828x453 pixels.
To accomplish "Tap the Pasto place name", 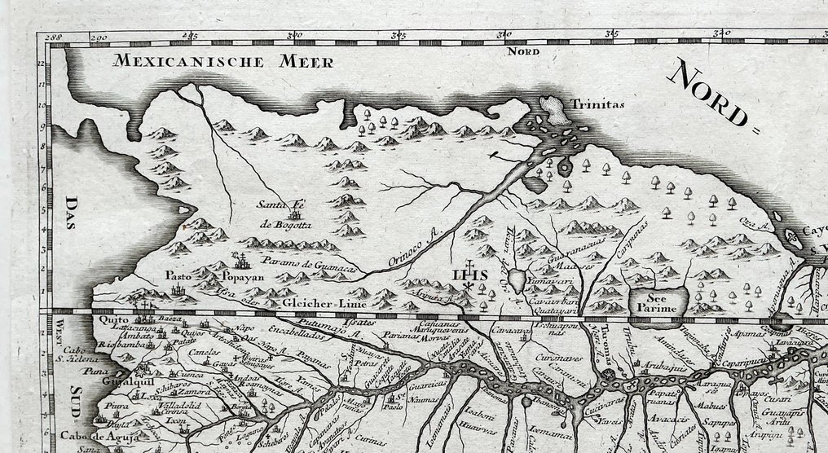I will coord(177,275).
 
